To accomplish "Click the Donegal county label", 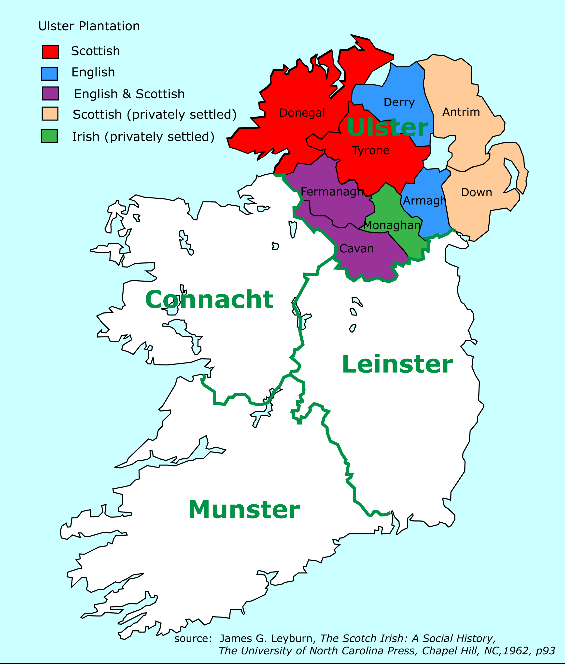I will tap(302, 113).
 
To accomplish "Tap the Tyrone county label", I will tap(371, 150).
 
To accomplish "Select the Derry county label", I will tap(399, 103).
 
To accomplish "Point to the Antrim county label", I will tap(461, 112).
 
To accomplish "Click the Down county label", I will tap(476, 192).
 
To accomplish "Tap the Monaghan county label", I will tap(392, 225).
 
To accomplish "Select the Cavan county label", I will tap(356, 249).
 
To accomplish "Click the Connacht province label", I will tap(209, 300).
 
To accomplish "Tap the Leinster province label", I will tap(397, 364).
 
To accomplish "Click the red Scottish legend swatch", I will tap(50, 52).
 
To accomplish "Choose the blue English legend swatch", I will tap(49, 73).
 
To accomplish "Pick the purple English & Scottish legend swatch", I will tap(50, 94).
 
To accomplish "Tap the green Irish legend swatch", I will tap(49, 136).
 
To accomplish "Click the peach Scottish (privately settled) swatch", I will tap(50, 114).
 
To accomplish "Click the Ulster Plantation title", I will tap(89, 26).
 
